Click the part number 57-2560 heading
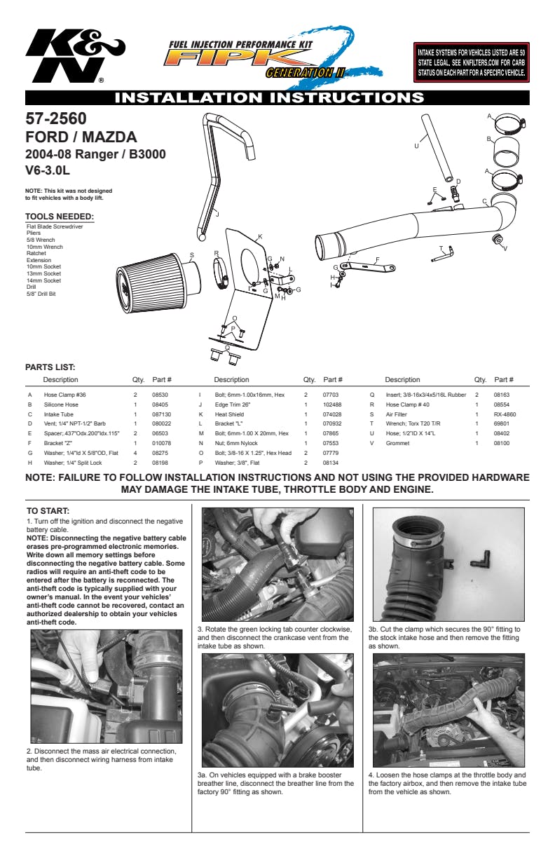[x=56, y=118]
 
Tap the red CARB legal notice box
[x=472, y=62]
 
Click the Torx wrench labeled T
[x=442, y=255]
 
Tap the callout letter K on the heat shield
[x=260, y=237]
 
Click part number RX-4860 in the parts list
[x=505, y=414]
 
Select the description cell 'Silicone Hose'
[x=61, y=404]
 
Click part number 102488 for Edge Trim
[x=332, y=404]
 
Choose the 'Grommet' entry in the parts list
[x=397, y=443]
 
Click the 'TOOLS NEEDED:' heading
[x=60, y=217]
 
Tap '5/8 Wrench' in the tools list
[x=41, y=240]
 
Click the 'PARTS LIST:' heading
[x=50, y=367]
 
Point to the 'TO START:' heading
[x=48, y=511]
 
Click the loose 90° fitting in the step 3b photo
[x=481, y=559]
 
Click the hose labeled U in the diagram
[x=438, y=148]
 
